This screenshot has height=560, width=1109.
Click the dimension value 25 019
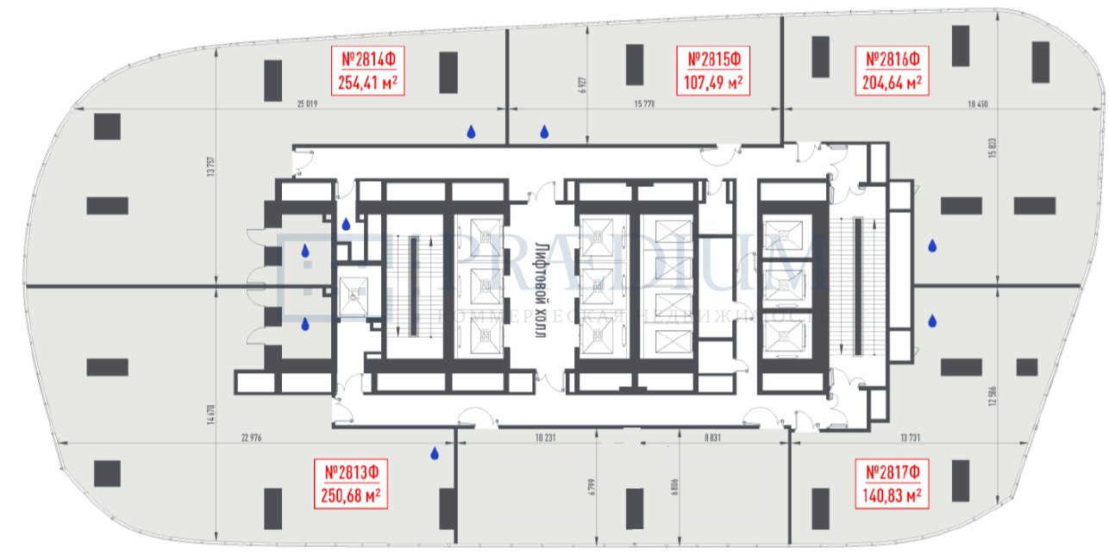pos(307,105)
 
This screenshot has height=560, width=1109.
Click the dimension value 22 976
pos(251,439)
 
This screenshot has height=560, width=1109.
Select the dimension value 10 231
pos(543,439)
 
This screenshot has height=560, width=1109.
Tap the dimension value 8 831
pos(711,439)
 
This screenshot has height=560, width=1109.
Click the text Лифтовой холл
pos(542,288)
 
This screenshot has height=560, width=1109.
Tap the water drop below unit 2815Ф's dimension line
pos(544,132)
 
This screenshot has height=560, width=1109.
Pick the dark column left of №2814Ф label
pos(273,80)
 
